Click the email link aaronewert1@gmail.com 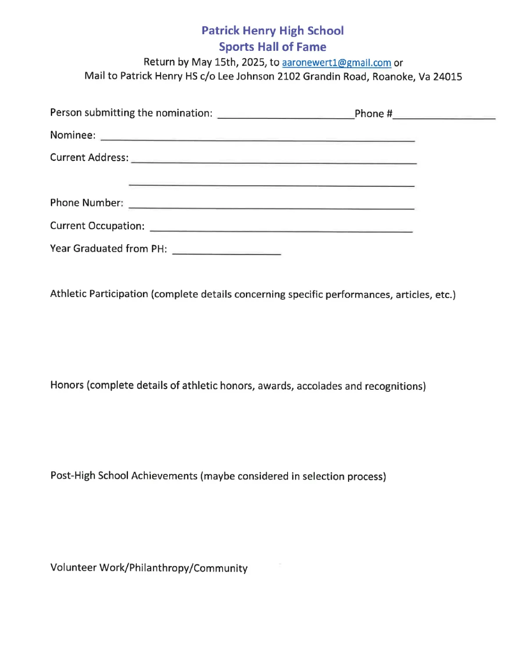[x=336, y=63]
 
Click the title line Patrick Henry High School [x=272, y=31]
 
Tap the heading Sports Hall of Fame [x=272, y=47]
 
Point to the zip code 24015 [x=448, y=77]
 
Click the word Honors [x=67, y=385]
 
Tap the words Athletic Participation [x=99, y=294]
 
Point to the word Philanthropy [x=160, y=568]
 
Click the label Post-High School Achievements [x=124, y=476]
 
